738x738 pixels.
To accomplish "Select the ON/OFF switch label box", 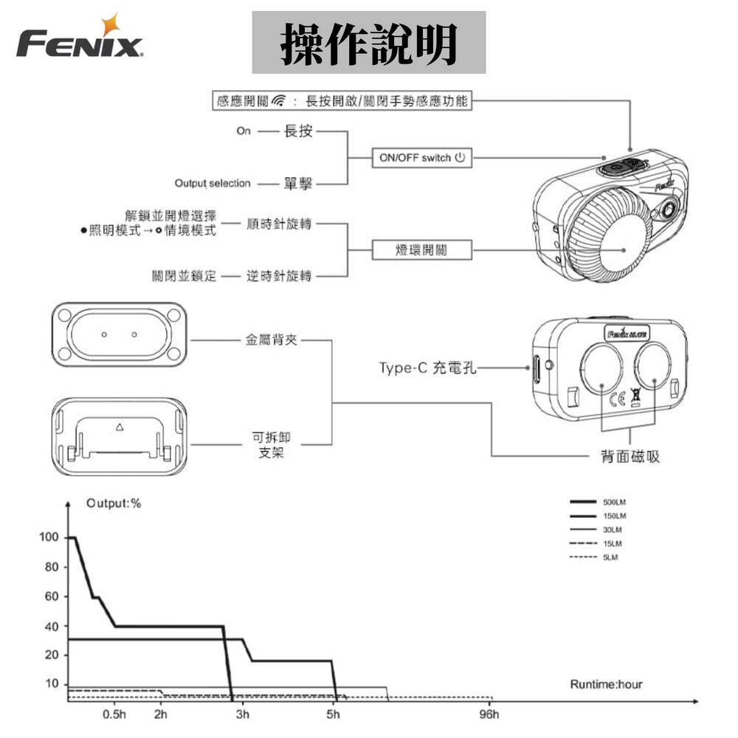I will point(421,158).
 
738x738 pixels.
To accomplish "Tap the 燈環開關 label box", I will point(421,250).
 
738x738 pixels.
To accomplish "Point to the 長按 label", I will point(298,131).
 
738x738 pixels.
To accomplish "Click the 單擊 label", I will point(298,183).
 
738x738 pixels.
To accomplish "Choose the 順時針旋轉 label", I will point(279,224).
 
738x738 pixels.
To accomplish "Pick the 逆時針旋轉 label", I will point(279,276).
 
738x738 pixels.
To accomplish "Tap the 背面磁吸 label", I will point(630,458).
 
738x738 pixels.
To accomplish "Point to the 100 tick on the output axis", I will point(49,537).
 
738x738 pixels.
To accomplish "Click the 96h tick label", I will point(489,715).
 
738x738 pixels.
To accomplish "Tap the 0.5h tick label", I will point(114,715).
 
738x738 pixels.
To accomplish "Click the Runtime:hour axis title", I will point(606,684).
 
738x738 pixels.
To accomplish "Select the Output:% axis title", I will point(114,503).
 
